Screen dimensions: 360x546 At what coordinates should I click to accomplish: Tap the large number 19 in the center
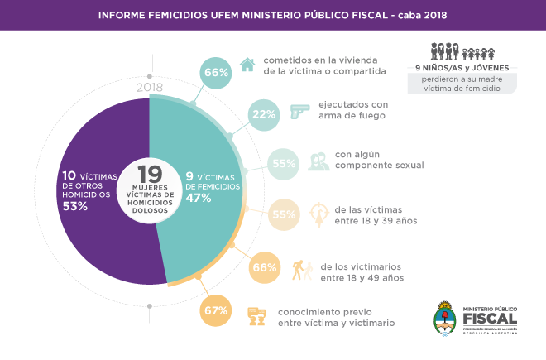[149, 175]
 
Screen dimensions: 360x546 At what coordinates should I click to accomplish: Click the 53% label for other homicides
[76, 206]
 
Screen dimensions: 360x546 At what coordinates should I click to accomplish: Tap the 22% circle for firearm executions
[264, 114]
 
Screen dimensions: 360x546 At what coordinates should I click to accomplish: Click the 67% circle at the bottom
[215, 311]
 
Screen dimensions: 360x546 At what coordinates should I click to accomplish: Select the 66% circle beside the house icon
[216, 73]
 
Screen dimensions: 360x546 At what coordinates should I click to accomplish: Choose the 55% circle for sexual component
[284, 164]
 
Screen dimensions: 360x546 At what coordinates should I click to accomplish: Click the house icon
[246, 65]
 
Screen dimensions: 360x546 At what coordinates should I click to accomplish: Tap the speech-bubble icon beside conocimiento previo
[257, 315]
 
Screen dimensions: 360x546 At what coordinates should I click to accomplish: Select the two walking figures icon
[302, 270]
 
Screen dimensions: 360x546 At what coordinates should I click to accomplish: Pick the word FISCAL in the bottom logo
[490, 318]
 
